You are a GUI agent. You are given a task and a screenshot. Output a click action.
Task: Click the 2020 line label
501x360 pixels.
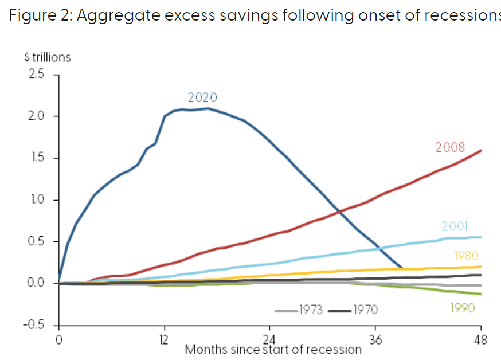[202, 97]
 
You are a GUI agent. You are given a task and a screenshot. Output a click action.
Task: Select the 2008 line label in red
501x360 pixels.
[450, 147]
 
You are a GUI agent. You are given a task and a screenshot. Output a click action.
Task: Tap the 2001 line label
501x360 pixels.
[456, 226]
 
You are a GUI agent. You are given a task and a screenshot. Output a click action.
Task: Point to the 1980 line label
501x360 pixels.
[466, 256]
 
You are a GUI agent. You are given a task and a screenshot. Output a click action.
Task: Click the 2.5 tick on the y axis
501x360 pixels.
[37, 75]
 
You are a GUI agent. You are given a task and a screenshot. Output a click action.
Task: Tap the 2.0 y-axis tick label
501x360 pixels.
[37, 116]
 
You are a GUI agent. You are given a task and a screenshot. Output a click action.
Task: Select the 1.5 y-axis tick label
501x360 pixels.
[38, 158]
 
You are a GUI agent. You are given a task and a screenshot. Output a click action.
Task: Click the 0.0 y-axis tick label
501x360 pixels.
[37, 283]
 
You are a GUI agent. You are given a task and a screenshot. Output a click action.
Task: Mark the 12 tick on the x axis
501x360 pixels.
[164, 339]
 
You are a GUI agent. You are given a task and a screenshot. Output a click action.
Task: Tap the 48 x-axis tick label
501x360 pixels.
[480, 339]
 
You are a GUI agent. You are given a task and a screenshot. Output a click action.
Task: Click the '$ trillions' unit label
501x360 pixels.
[47, 57]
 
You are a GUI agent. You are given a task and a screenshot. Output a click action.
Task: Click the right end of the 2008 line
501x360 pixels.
[480, 150]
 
